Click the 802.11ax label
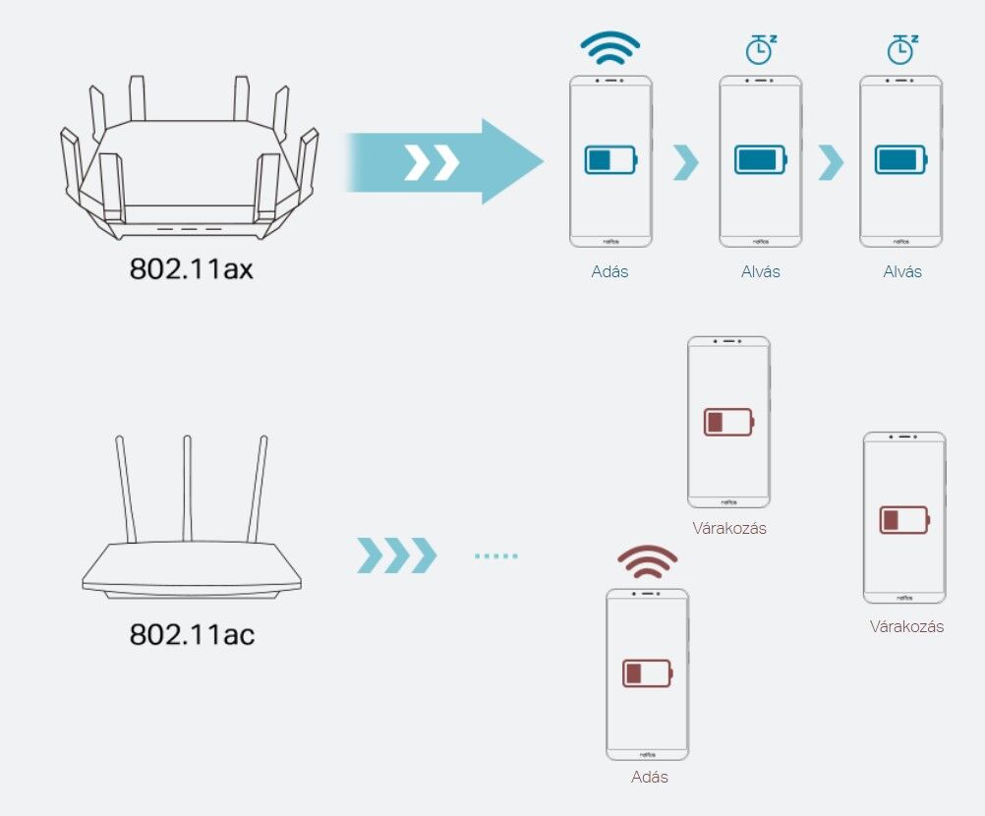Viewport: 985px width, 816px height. click(191, 268)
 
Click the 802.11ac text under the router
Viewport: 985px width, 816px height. click(192, 634)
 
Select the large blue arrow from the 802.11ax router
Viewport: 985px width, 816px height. click(444, 161)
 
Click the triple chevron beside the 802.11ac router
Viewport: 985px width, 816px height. click(396, 555)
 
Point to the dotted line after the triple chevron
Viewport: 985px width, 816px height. click(496, 555)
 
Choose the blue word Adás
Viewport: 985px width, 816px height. click(609, 271)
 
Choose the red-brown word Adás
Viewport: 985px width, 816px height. click(649, 777)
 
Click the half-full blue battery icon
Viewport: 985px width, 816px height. click(610, 159)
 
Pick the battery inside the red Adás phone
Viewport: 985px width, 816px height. click(647, 673)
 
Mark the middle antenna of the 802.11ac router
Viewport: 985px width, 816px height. click(187, 488)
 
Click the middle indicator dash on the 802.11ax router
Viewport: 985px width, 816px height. click(189, 229)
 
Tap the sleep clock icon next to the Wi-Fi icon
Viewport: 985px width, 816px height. click(760, 49)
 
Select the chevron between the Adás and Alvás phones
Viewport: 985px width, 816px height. click(685, 162)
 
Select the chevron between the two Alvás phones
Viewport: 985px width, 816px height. click(831, 162)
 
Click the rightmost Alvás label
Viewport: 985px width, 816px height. click(902, 271)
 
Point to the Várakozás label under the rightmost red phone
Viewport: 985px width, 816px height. click(906, 626)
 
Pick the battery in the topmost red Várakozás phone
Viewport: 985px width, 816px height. click(728, 422)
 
